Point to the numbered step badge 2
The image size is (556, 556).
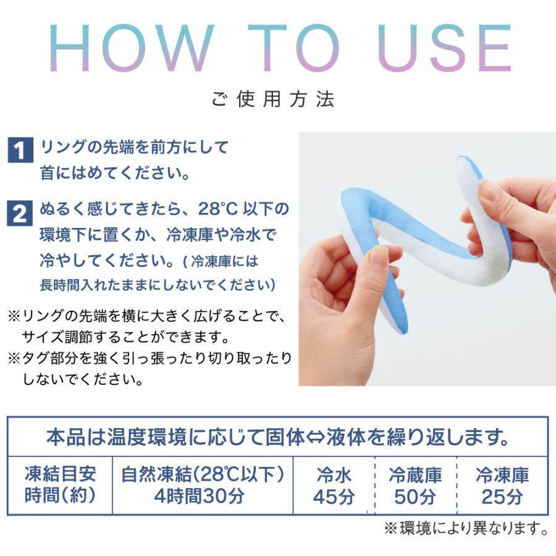(20, 214)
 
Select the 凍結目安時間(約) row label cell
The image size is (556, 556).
(60, 486)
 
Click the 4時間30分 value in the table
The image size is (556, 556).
(202, 496)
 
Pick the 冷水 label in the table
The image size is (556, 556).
(334, 475)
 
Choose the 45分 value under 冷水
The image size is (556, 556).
(334, 497)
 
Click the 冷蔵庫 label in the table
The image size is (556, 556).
(415, 475)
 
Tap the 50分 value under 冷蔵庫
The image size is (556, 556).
(415, 497)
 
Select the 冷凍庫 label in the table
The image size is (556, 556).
(502, 475)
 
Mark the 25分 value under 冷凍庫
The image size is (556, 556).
(502, 497)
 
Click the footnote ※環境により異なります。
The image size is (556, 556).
(466, 529)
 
